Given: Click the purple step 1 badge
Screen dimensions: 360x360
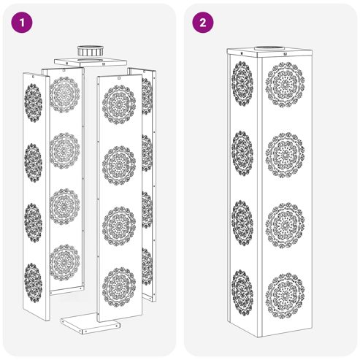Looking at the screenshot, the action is (x=22, y=23).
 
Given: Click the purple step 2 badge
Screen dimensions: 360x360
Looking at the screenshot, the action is (x=203, y=23).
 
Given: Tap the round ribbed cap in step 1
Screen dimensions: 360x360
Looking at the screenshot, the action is (x=90, y=50).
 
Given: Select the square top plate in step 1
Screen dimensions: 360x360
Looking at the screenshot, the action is (x=91, y=62).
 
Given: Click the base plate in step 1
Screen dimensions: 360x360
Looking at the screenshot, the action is (x=91, y=323).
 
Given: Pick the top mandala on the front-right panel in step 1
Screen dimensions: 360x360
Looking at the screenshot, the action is (x=119, y=104).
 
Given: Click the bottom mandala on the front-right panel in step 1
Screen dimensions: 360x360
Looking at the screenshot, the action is (x=119, y=287).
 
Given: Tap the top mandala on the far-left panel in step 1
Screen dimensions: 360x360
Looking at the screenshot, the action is (x=33, y=103).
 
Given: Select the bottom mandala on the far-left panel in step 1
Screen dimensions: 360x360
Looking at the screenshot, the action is (x=33, y=283).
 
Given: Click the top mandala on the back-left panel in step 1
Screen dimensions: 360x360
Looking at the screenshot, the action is (x=64, y=95).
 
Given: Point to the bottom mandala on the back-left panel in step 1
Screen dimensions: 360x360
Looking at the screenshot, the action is (x=64, y=263).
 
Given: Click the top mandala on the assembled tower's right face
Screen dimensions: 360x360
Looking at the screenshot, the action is (x=285, y=85).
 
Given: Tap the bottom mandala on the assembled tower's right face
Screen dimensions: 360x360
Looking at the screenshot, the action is (x=285, y=296).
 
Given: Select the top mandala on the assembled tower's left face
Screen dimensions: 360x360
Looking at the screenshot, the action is (x=242, y=83).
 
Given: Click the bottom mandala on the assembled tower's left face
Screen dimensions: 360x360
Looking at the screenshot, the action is (x=242, y=292).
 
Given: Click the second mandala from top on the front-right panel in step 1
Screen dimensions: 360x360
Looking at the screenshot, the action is (x=119, y=165).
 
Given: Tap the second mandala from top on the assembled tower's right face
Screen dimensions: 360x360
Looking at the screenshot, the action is (x=285, y=155).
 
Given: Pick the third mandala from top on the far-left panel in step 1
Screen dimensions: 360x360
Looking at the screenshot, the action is (x=33, y=223).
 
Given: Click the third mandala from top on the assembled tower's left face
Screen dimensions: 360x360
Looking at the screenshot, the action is (x=242, y=223).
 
